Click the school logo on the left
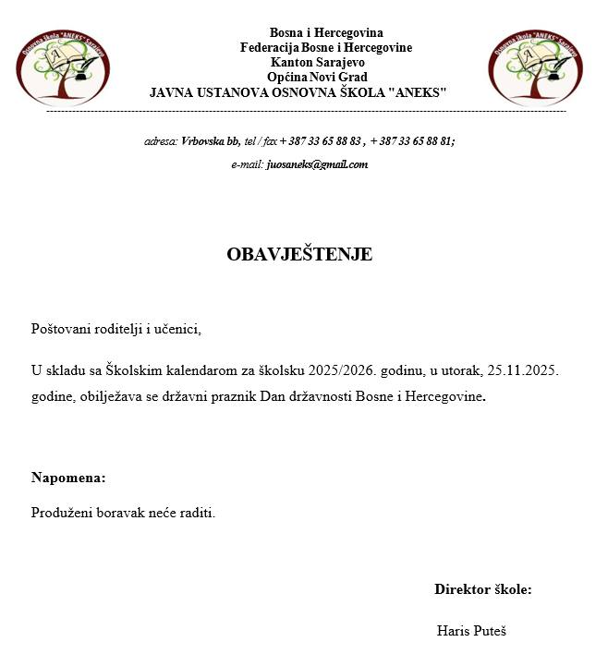click(64, 67)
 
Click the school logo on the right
click(536, 67)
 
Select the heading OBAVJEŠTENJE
click(299, 255)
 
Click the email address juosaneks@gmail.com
click(317, 164)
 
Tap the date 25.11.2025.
click(523, 371)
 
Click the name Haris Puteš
click(471, 631)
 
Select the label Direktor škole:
click(482, 589)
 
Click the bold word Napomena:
click(68, 478)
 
